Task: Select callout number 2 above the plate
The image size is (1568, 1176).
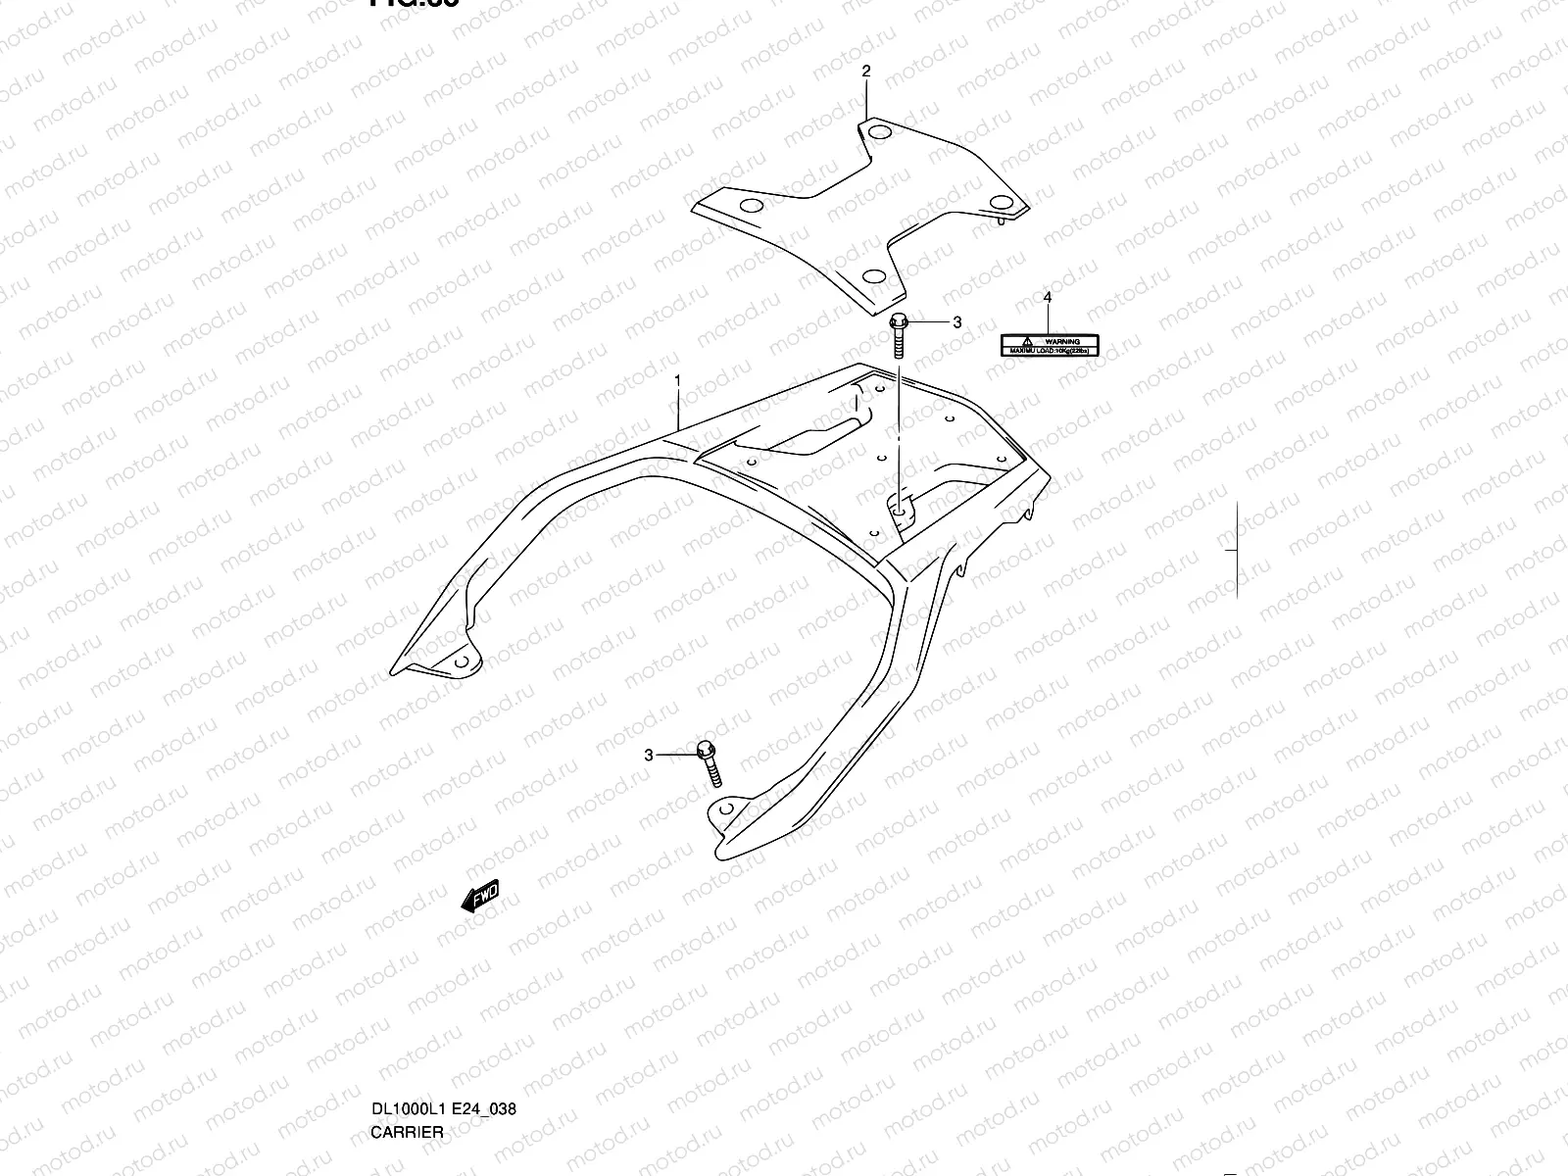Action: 866,71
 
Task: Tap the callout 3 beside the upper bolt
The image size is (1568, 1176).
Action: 957,322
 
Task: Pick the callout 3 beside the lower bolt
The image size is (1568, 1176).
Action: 648,755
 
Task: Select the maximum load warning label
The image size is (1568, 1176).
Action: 1050,344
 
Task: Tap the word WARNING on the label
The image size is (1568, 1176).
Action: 1062,341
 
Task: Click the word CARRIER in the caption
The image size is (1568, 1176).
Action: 407,1050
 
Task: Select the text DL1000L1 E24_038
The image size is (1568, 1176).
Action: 443,1027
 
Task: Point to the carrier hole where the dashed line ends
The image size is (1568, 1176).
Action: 899,505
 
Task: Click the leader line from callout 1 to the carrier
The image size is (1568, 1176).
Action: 677,407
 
